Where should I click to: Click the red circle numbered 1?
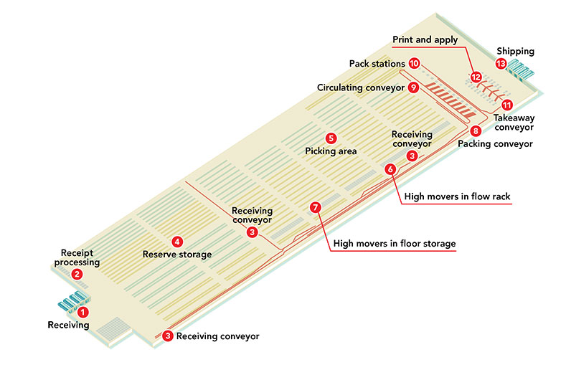[x=83, y=312]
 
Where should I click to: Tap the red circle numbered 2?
[x=77, y=275]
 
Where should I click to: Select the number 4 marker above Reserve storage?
[x=177, y=242]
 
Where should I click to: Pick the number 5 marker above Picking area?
[x=331, y=138]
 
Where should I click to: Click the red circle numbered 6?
[x=390, y=169]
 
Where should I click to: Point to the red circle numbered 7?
[x=316, y=207]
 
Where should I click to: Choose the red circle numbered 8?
[x=476, y=131]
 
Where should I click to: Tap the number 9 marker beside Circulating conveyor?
[x=413, y=87]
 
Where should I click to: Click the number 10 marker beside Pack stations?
[x=414, y=64]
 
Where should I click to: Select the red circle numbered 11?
[x=507, y=105]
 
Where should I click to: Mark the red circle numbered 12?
[x=476, y=77]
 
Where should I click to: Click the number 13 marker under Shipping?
[x=501, y=64]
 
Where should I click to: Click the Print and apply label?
[x=425, y=39]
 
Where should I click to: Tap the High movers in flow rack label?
[x=457, y=196]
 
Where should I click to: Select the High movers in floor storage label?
[x=395, y=244]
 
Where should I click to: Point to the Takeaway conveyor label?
[x=514, y=123]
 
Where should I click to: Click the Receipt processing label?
[x=77, y=257]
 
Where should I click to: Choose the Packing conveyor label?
[x=495, y=144]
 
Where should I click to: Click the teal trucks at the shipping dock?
[x=520, y=70]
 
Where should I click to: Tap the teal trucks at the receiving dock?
[x=74, y=301]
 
